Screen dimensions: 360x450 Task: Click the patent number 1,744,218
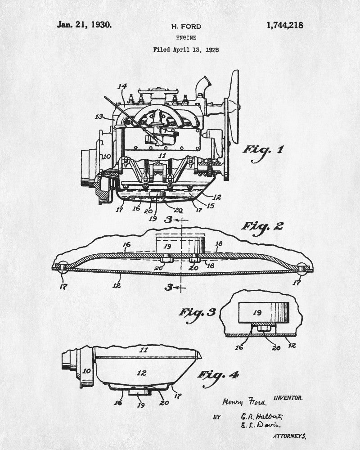(x=285, y=26)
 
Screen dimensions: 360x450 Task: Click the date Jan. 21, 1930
(x=85, y=25)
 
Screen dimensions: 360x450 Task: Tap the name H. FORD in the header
(x=186, y=27)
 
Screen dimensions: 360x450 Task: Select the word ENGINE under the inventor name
(x=186, y=38)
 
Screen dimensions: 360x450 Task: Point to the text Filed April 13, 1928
(x=186, y=49)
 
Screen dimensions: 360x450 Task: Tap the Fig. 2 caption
(x=262, y=228)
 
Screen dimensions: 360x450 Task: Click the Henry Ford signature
(x=244, y=401)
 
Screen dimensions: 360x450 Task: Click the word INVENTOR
(x=288, y=398)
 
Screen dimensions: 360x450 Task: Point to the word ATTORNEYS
(x=289, y=436)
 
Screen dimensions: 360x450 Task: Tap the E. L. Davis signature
(x=261, y=425)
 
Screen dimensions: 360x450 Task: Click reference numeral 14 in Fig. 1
(x=122, y=86)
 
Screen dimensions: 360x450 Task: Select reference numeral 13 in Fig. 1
(x=99, y=117)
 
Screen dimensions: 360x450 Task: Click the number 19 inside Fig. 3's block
(x=257, y=312)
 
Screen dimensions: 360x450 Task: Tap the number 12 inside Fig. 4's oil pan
(x=142, y=373)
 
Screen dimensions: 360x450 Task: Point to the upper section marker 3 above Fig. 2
(x=168, y=220)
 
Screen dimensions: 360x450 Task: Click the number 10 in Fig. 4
(x=87, y=371)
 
